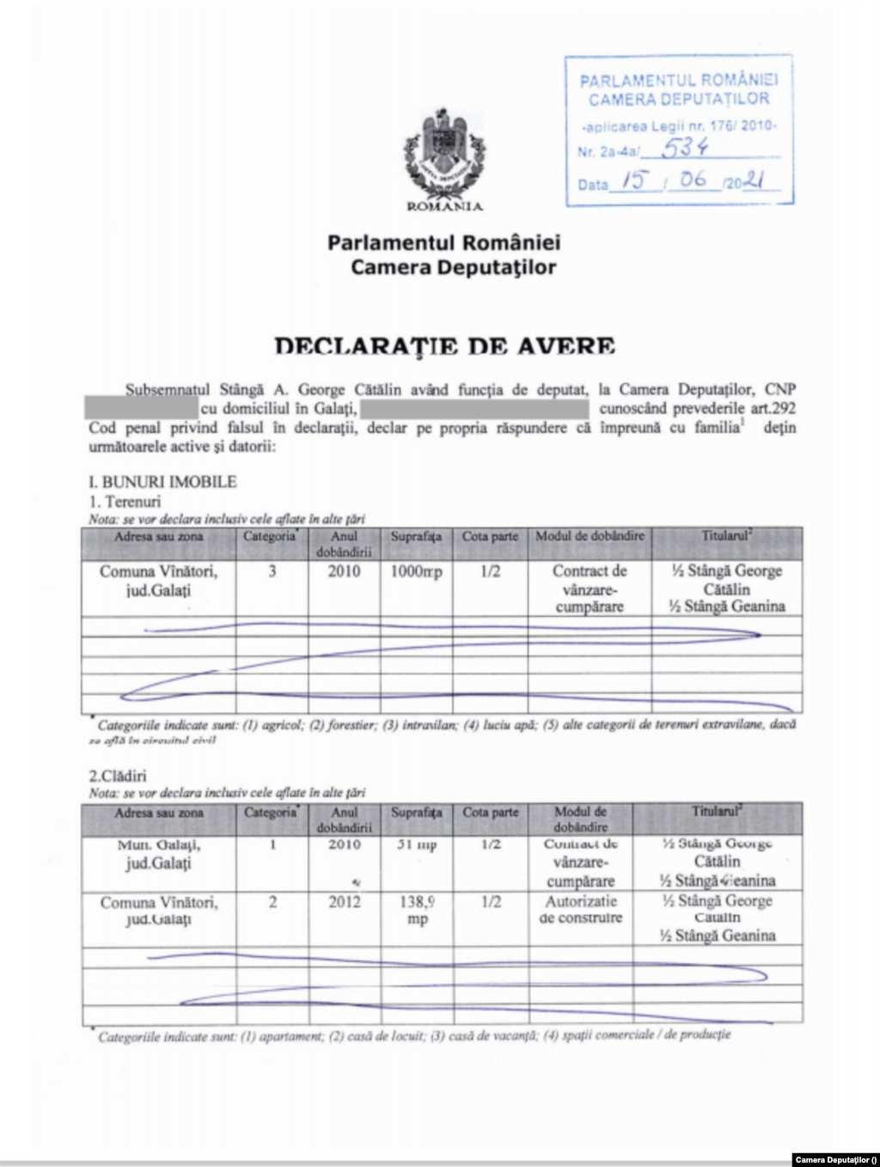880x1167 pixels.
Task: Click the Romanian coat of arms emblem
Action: [444, 155]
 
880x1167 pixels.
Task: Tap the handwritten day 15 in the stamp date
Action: [633, 180]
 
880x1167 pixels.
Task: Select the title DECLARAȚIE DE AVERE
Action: [444, 346]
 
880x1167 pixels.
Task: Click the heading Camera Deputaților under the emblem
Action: [453, 267]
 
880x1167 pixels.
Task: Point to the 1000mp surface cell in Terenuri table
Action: [416, 571]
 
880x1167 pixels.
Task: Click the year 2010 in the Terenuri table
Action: [344, 571]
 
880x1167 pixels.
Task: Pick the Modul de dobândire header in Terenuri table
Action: [590, 536]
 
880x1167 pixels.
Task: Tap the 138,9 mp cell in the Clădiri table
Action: [417, 910]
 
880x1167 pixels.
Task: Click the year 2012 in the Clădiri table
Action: [344, 902]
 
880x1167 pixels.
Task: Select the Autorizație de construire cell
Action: [581, 909]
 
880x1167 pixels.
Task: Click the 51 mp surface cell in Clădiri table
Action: [417, 845]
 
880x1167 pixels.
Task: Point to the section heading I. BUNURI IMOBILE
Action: [162, 482]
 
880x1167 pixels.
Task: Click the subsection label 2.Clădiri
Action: [118, 775]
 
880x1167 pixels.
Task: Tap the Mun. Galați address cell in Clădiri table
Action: [159, 853]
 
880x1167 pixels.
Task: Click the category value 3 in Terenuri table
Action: [272, 571]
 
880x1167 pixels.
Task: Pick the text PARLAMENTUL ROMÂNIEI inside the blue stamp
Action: [678, 81]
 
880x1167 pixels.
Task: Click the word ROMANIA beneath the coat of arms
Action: [444, 206]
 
